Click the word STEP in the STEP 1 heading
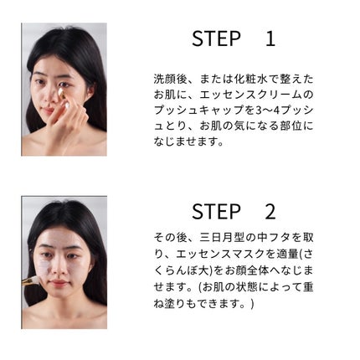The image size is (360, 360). coord(216,39)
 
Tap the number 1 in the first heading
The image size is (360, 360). coord(270,39)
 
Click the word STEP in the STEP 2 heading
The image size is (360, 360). coord(216,212)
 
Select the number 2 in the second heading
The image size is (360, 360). coord(270,212)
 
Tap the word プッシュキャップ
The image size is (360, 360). coord(199,111)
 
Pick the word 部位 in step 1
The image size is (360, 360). coord(291,126)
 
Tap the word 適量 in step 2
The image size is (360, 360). coord(280,254)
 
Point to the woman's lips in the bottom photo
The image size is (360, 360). coord(59,283)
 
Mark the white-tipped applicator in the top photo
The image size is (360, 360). coord(63,97)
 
